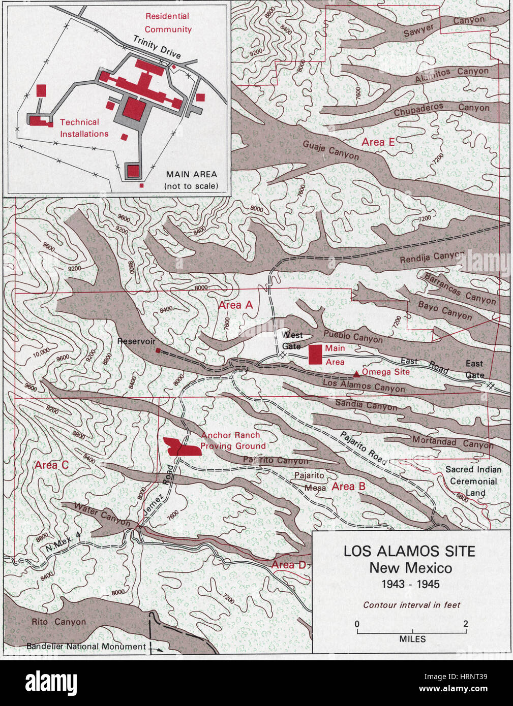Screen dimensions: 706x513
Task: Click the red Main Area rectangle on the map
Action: pos(316,355)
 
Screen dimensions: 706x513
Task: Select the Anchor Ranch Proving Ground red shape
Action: pos(181,447)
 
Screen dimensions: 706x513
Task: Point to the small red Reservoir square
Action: pos(158,350)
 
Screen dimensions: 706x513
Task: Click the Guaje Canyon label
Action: pos(331,150)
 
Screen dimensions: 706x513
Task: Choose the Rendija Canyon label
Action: pos(432,258)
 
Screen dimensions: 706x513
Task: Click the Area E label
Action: pos(378,142)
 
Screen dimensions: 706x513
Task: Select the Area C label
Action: pos(51,465)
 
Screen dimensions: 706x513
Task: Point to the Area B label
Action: pos(348,487)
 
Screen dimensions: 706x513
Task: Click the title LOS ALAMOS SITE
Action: pos(409,551)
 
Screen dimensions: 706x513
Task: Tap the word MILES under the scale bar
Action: pos(412,639)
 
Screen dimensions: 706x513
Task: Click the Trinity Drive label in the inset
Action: pos(157,47)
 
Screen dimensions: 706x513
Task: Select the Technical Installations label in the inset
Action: pos(84,128)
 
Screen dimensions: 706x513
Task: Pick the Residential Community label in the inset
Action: pos(168,23)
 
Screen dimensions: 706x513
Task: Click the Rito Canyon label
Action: pos(58,622)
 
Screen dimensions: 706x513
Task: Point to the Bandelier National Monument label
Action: pos(86,647)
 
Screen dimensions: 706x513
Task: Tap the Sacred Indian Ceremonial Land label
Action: pos(473,481)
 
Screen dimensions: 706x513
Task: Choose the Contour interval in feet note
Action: pos(411,605)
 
